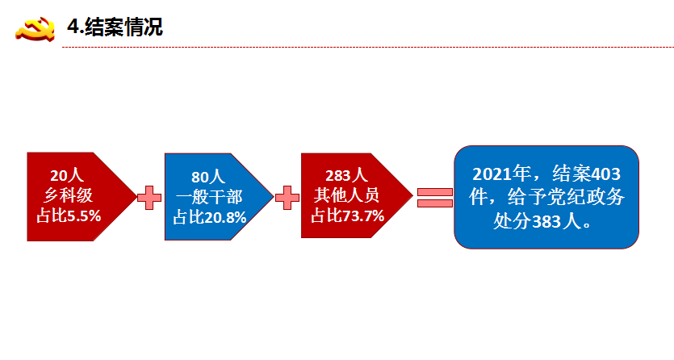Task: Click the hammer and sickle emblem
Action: (x=36, y=29)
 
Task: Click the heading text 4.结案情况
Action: (x=115, y=27)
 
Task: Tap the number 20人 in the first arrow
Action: (x=67, y=175)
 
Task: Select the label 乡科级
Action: (x=68, y=195)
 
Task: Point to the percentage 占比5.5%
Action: (x=69, y=216)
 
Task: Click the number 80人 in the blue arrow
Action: (x=208, y=177)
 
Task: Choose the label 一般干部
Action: (x=209, y=197)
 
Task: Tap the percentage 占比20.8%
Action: (x=210, y=217)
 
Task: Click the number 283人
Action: (x=346, y=175)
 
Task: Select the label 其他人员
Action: (x=346, y=195)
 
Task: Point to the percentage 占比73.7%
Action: (x=347, y=216)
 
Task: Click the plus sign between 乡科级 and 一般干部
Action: (x=149, y=198)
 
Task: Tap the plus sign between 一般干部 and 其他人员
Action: (x=287, y=198)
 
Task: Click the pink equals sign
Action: (x=435, y=198)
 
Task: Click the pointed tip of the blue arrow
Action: (x=273, y=197)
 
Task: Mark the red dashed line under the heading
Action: (x=368, y=48)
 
